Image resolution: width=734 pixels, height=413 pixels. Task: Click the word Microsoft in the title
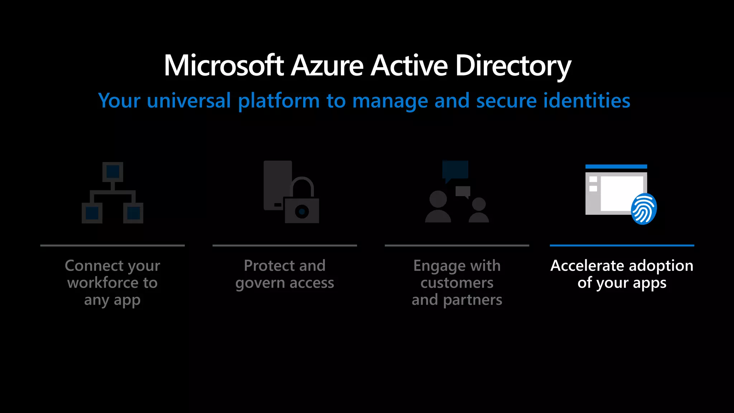[x=224, y=66]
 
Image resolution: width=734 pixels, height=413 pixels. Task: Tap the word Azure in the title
[x=327, y=66]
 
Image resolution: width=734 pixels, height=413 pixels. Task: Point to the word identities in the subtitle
[x=587, y=100]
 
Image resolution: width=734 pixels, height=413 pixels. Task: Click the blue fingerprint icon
[x=644, y=209]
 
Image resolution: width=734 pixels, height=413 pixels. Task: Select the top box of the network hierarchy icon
[x=113, y=172]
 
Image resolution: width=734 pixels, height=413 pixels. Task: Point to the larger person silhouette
[x=438, y=207]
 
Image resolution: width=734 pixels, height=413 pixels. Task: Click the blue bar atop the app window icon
[x=616, y=166]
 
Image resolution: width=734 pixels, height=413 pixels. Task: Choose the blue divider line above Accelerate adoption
[x=622, y=246]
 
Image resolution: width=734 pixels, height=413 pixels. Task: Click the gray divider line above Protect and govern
[x=285, y=246]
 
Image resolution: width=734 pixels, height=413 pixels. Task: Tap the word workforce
[x=103, y=283]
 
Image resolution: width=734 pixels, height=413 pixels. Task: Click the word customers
[x=457, y=283]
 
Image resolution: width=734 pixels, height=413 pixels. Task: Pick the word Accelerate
[x=587, y=266]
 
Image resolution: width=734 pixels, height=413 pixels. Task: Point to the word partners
[x=472, y=300]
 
